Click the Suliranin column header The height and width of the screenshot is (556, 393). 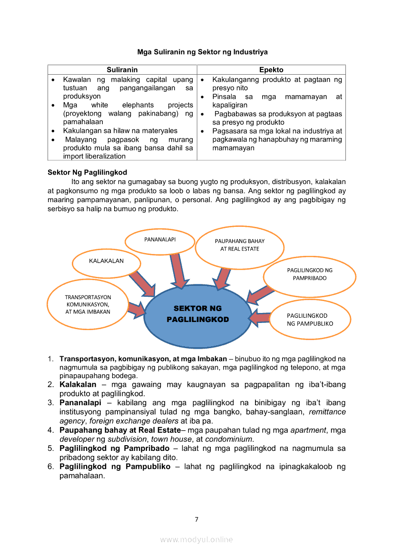point(122,70)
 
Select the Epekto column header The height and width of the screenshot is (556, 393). point(271,70)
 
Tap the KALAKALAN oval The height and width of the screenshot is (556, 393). point(106,261)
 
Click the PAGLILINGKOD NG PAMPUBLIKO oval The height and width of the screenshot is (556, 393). point(310,320)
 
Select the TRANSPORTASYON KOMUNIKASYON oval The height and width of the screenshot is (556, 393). point(88,305)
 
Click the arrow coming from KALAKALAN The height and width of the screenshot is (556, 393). point(142,283)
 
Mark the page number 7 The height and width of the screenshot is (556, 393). point(196,519)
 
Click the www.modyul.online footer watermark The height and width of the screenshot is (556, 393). point(196,539)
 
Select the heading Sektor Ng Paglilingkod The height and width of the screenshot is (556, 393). point(87,172)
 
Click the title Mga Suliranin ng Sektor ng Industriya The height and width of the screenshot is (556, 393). point(202,51)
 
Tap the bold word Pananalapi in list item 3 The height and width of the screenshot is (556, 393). point(78,403)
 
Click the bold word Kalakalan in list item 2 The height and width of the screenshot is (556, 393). point(78,384)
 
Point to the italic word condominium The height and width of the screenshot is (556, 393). point(229,439)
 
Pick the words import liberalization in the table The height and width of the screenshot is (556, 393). point(94,156)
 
